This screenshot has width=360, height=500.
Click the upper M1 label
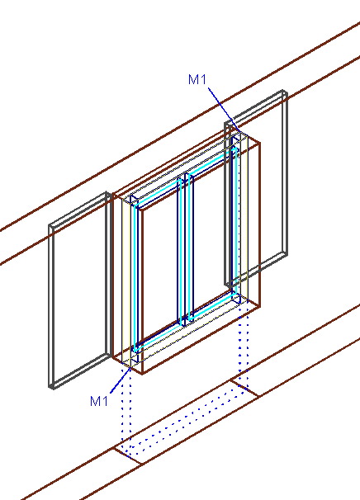tap(197, 79)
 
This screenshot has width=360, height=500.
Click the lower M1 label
tap(99, 401)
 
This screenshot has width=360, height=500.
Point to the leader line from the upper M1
tap(223, 109)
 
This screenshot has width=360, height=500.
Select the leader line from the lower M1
tap(121, 380)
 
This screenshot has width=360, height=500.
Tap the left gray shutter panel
tap(51, 306)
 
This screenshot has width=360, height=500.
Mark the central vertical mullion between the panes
tap(186, 248)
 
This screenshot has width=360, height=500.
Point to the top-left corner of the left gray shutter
tap(50, 225)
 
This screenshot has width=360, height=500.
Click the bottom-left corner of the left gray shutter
tap(50, 387)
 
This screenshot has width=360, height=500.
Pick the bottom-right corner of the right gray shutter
tap(287, 255)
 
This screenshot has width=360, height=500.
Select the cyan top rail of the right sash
tap(213, 161)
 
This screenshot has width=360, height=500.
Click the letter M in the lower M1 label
tap(95, 401)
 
